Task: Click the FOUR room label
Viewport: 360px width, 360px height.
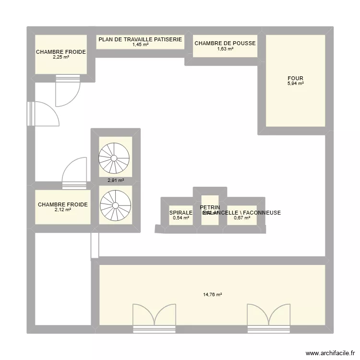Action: pyautogui.click(x=295, y=78)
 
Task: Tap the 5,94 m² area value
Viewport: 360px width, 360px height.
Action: pyautogui.click(x=295, y=84)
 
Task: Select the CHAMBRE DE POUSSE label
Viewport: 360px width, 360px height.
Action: pyautogui.click(x=225, y=43)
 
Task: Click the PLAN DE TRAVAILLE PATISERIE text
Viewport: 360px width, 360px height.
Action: pyautogui.click(x=140, y=39)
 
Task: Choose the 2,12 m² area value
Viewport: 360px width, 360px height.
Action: pyautogui.click(x=62, y=210)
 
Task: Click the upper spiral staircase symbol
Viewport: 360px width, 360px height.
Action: pyautogui.click(x=114, y=157)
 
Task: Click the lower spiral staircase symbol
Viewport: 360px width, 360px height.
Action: pyautogui.click(x=115, y=205)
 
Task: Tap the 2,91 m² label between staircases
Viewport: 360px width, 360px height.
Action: pyautogui.click(x=116, y=181)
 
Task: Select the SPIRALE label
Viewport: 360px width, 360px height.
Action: pyautogui.click(x=180, y=213)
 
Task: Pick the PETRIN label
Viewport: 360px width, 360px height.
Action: pyautogui.click(x=210, y=207)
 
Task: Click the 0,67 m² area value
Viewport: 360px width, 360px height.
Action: pyautogui.click(x=242, y=218)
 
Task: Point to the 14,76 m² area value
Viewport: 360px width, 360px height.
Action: pyautogui.click(x=213, y=295)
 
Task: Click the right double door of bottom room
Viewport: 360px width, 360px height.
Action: pyautogui.click(x=269, y=316)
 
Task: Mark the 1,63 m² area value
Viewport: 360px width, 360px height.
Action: pyautogui.click(x=225, y=49)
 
